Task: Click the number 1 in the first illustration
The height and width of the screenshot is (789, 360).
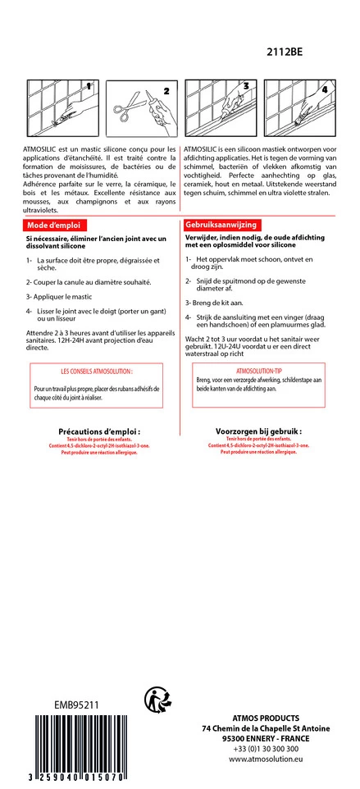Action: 88,85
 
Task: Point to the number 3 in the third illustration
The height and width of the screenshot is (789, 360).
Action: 246,85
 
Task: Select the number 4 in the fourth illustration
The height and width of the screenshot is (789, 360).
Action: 324,89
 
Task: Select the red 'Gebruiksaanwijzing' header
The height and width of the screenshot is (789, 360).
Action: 221,224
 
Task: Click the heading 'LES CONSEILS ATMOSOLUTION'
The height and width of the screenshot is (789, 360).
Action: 97,372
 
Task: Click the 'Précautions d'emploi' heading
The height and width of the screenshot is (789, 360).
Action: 99,431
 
